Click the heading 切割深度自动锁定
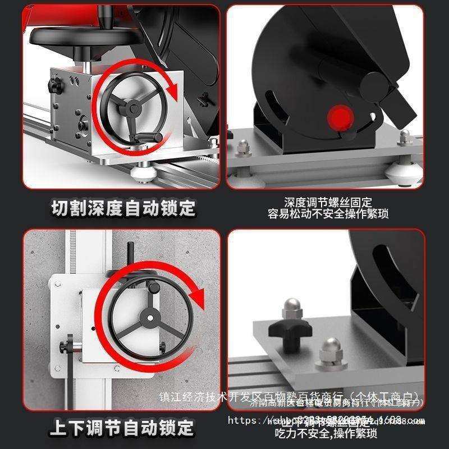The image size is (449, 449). tap(123, 208)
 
